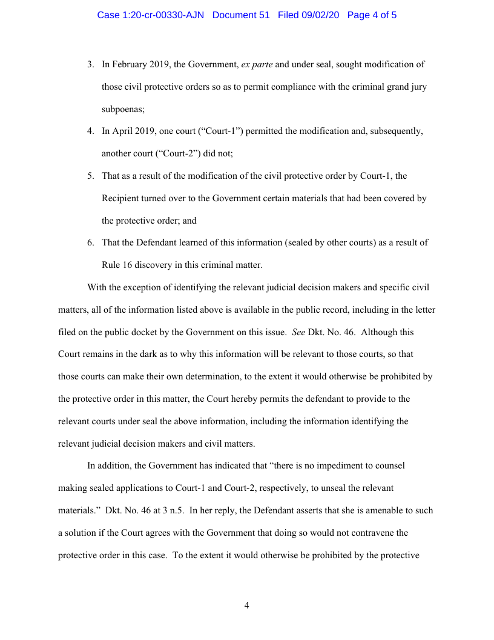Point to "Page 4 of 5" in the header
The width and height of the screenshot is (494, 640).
tap(372, 15)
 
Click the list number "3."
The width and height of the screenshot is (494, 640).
tap(91, 64)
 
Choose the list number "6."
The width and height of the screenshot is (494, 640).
tap(91, 242)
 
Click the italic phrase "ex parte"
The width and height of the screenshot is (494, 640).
tap(257, 64)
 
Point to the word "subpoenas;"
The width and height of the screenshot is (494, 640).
tap(123, 109)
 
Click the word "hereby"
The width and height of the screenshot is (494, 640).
tap(255, 399)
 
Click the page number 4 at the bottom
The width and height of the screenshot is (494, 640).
tap(246, 605)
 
